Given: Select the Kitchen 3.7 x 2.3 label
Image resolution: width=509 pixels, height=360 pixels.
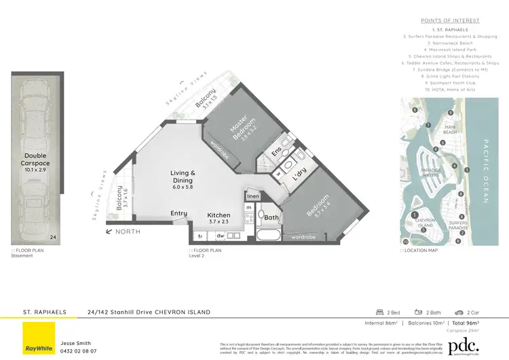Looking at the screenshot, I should [219, 219].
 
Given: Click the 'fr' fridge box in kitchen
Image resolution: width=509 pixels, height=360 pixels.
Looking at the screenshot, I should [201, 236].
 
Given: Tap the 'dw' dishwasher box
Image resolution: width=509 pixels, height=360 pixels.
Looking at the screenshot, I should [220, 236].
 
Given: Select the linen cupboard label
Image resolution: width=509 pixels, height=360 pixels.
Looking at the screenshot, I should [252, 196].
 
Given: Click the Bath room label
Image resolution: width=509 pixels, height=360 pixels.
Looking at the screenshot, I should [271, 217].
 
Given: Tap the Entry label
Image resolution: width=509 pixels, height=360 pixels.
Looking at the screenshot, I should [178, 213].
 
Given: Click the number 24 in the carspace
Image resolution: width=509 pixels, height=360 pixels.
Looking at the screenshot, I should [54, 237].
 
